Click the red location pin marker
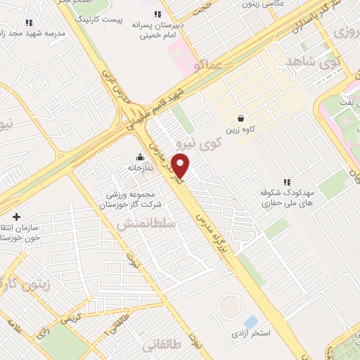(181, 167)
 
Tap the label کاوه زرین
(241, 130)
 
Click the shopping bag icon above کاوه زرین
(241, 118)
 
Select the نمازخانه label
(141, 169)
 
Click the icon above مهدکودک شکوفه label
(286, 181)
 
